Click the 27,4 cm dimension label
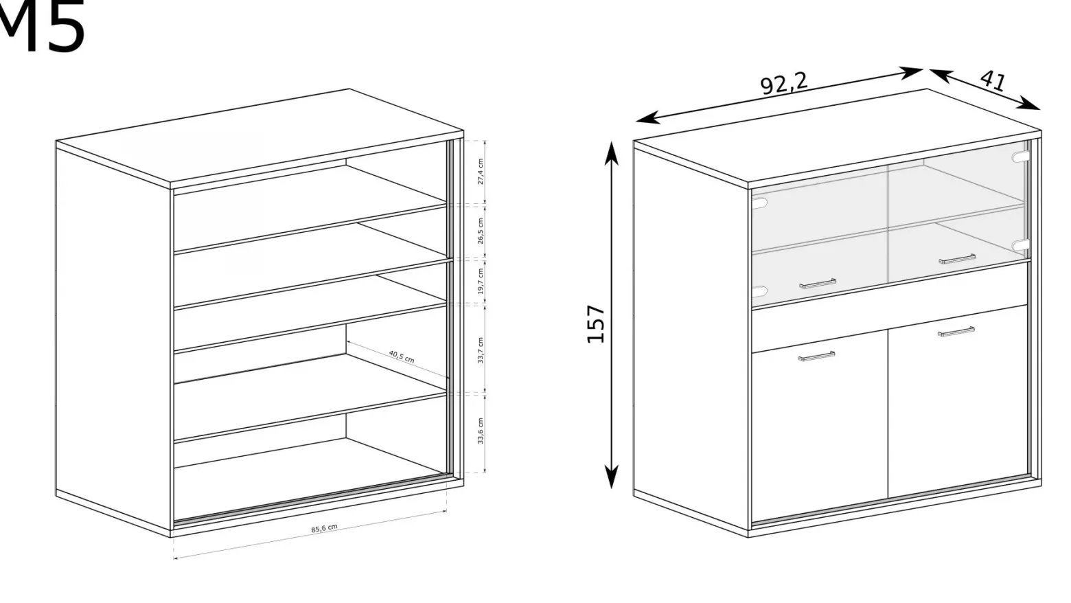(x=481, y=171)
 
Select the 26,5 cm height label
(x=481, y=231)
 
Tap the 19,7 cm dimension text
(x=481, y=281)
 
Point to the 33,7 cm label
(x=481, y=350)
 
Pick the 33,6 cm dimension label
(x=481, y=431)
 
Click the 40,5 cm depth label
(x=402, y=356)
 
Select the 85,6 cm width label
(x=324, y=528)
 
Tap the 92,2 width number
(x=784, y=83)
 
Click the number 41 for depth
(x=993, y=81)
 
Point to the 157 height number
(x=596, y=323)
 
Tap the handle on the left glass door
(x=818, y=284)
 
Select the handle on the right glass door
(x=957, y=259)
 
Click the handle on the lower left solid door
(x=817, y=356)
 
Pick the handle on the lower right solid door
(x=956, y=332)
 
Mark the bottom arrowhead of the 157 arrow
(x=611, y=477)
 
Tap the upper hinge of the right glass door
(x=1020, y=157)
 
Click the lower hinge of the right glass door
(x=1020, y=245)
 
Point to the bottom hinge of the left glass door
(x=759, y=291)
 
